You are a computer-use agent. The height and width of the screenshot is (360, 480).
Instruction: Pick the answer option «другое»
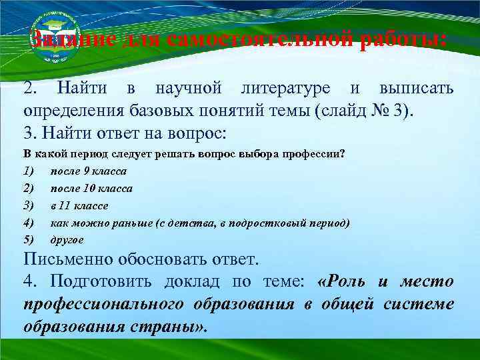(x=67, y=239)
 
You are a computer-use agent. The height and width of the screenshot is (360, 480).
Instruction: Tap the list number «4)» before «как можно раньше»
(x=29, y=223)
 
